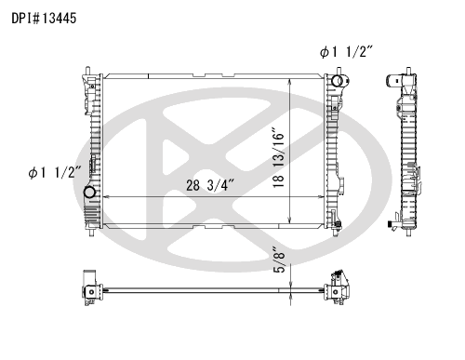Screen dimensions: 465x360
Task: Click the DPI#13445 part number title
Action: pyautogui.click(x=44, y=19)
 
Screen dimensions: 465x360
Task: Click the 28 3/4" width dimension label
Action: pyautogui.click(x=209, y=185)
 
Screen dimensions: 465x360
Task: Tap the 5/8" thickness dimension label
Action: pyautogui.click(x=279, y=260)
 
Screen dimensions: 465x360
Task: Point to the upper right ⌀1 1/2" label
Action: pyautogui.click(x=346, y=52)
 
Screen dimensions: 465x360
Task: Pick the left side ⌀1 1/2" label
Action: pyautogui.click(x=55, y=172)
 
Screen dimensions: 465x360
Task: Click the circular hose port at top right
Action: pyautogui.click(x=337, y=81)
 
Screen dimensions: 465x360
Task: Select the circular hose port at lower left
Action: pyautogui.click(x=89, y=193)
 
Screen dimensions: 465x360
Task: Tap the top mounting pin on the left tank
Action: pyautogui.click(x=87, y=70)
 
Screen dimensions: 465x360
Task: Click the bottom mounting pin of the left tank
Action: pyautogui.click(x=91, y=233)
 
